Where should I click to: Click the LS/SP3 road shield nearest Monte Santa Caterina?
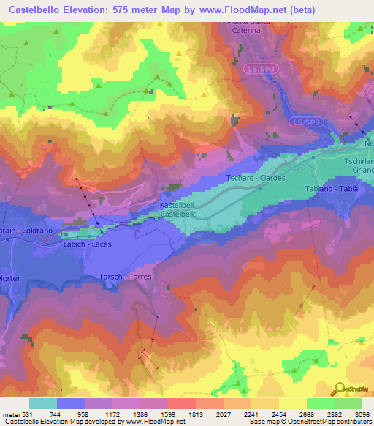tap(261, 67)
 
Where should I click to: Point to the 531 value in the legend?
tap(27, 414)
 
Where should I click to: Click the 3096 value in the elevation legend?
tap(362, 414)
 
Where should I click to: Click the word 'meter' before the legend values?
tap(9, 414)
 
